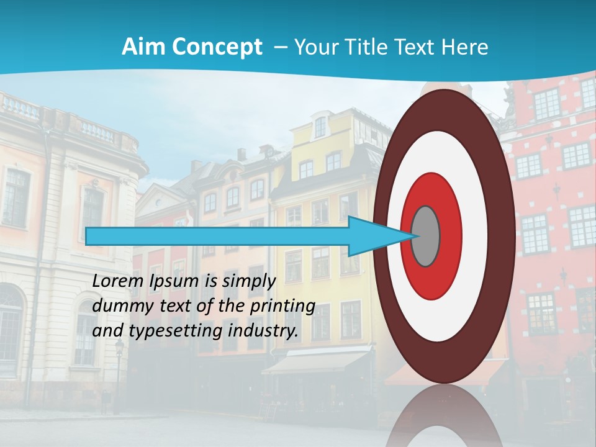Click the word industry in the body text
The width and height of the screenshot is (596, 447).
tap(261, 331)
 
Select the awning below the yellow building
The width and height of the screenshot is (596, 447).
tap(317, 362)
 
